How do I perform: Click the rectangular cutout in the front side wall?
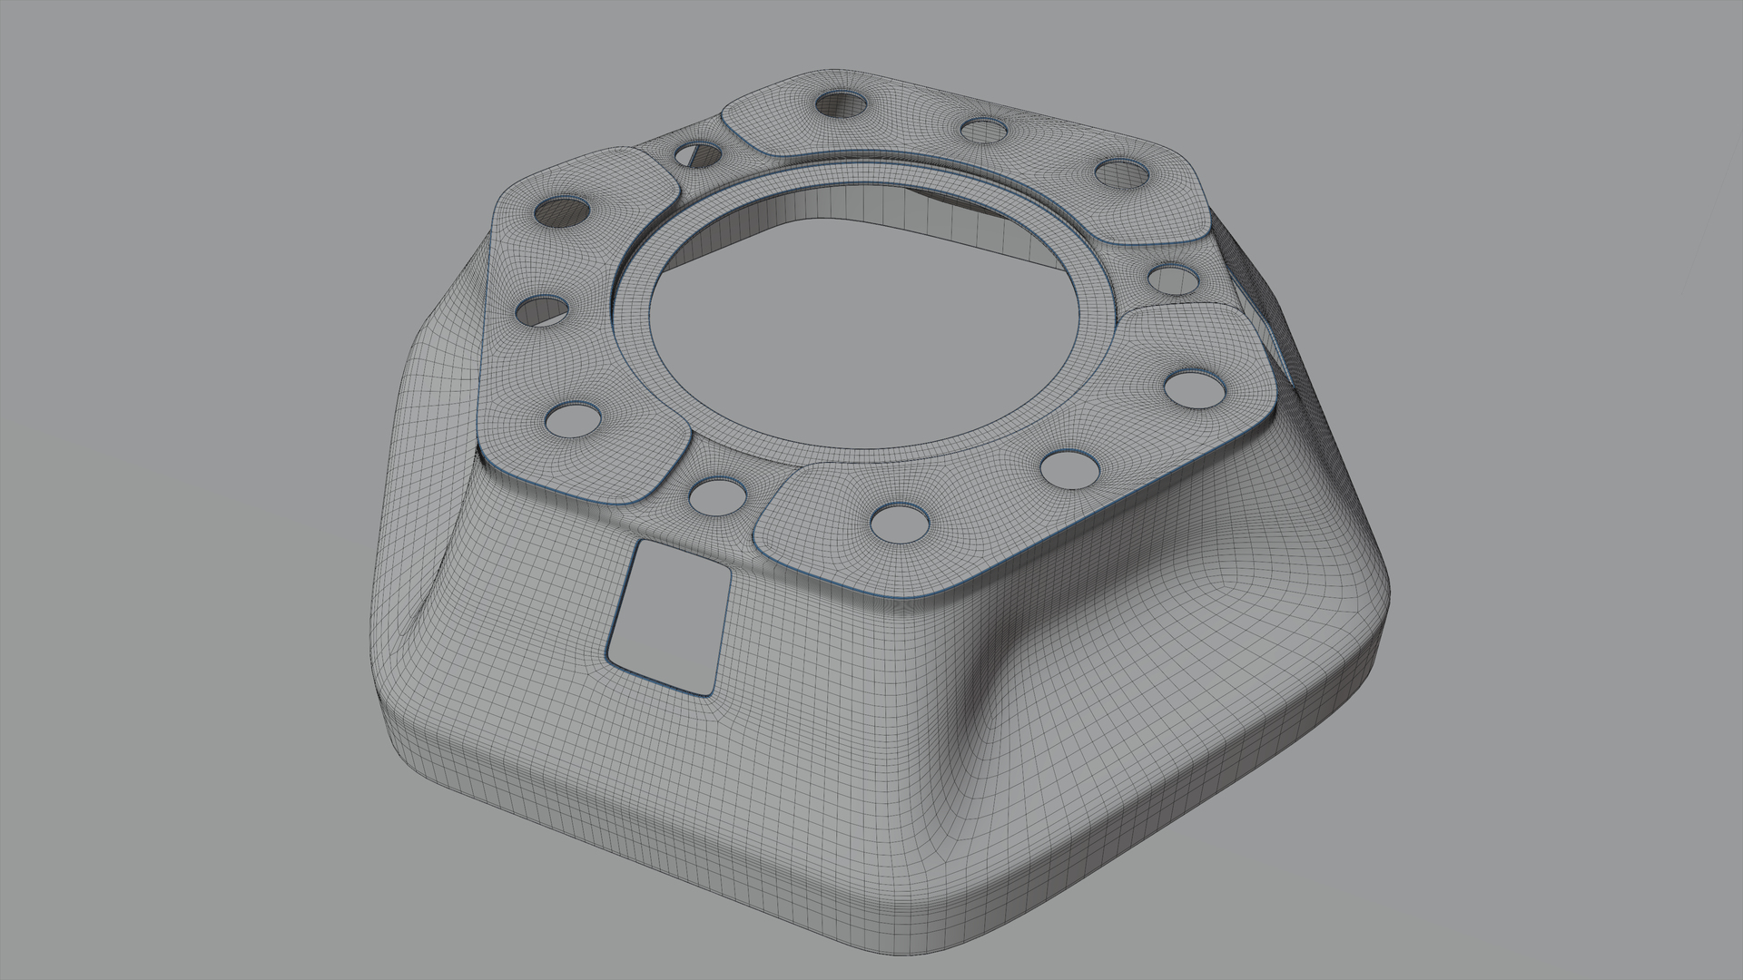pyautogui.click(x=669, y=616)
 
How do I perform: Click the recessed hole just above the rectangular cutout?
pyautogui.click(x=717, y=495)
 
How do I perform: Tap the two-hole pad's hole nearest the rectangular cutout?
pyautogui.click(x=900, y=523)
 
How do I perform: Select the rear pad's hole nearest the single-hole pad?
pyautogui.click(x=1122, y=173)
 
